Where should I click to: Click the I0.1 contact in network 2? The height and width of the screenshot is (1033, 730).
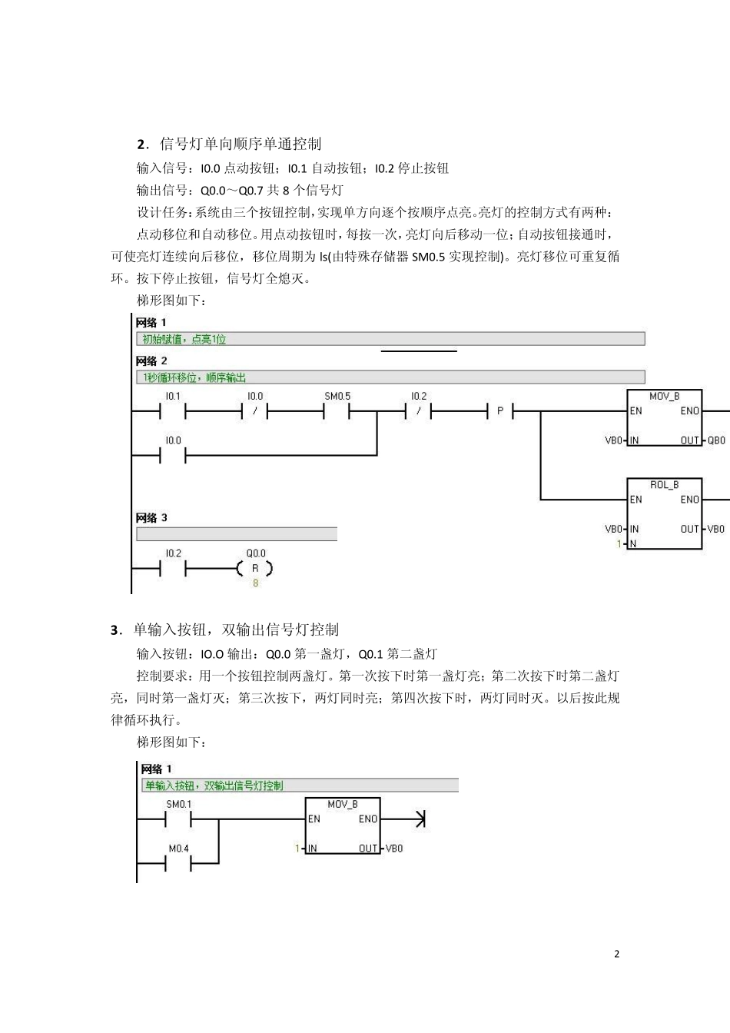[x=173, y=411]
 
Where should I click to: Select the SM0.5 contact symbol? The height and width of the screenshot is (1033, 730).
[x=337, y=411]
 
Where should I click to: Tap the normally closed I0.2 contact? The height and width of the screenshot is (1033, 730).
[x=418, y=411]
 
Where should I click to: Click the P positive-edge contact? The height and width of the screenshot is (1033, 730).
[x=499, y=411]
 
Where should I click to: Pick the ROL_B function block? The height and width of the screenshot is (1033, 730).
[x=665, y=513]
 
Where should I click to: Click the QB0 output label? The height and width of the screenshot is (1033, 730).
[x=716, y=440]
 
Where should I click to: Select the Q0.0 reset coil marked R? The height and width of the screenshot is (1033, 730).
[x=256, y=569]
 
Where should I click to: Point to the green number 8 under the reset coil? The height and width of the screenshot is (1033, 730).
[x=256, y=583]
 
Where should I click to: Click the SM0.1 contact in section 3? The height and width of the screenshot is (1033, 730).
[x=178, y=819]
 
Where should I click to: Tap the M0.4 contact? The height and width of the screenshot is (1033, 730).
[x=178, y=863]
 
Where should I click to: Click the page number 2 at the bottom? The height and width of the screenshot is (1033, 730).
[x=616, y=954]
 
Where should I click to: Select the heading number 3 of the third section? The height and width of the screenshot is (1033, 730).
[x=114, y=630]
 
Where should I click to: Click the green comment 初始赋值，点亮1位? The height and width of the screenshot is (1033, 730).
[x=184, y=339]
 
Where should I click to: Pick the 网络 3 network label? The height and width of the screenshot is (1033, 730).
[x=151, y=518]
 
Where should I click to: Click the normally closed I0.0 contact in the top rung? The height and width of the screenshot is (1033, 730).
[x=255, y=411]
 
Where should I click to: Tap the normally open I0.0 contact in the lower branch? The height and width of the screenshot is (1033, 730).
[x=173, y=455]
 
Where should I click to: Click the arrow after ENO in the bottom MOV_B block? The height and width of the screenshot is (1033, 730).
[x=419, y=819]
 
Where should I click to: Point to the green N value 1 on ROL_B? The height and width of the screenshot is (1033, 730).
[x=618, y=544]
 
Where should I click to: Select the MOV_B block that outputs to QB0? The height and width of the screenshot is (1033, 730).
[x=665, y=419]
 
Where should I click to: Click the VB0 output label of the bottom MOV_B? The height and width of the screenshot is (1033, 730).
[x=394, y=849]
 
